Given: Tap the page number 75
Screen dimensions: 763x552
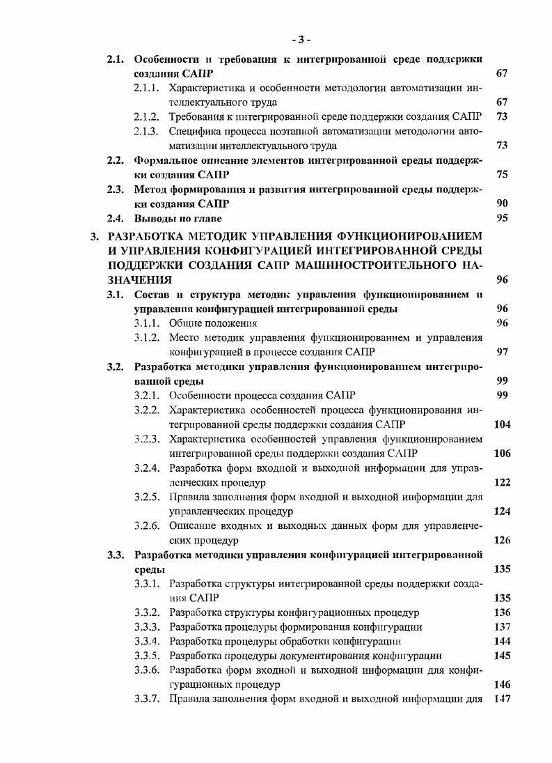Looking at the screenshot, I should tap(502, 175).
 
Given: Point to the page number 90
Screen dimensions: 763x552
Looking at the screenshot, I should tap(502, 203).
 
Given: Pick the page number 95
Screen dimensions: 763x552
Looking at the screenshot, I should tap(502, 218).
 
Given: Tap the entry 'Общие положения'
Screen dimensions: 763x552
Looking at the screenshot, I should tap(213, 323).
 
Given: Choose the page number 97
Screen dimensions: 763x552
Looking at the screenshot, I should tap(502, 352).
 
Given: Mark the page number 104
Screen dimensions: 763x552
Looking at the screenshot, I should tap(501, 424).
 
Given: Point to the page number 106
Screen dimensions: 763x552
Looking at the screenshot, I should tap(501, 454).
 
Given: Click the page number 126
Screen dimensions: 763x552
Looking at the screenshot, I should tap(501, 540).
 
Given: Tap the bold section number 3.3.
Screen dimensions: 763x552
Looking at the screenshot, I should tap(116, 555).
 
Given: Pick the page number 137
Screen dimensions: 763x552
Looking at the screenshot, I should tap(501, 626).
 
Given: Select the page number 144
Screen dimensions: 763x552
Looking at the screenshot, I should tap(501, 641).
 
